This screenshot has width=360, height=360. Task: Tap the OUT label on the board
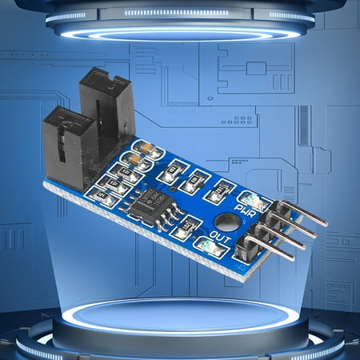[x=226, y=238]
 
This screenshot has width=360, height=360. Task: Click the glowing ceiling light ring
[x=180, y=32]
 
